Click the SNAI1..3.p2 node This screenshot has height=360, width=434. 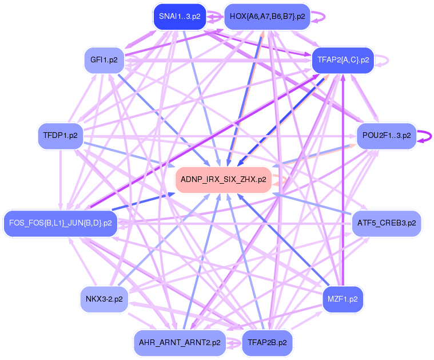tap(180, 17)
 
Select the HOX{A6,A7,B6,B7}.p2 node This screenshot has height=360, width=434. tap(267, 17)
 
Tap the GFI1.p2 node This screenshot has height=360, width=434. tap(104, 60)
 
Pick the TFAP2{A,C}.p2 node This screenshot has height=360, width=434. tap(343, 60)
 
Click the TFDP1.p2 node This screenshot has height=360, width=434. tap(60, 136)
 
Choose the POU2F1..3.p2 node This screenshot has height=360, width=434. tap(387, 136)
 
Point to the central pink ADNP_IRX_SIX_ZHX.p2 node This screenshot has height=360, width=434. tap(223, 179)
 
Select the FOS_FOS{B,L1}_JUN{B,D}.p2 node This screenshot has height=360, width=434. tap(60, 223)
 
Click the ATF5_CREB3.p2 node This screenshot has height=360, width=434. tap(387, 223)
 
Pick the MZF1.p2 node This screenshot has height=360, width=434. tap(343, 299)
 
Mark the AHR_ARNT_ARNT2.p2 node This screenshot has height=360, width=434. tap(180, 343)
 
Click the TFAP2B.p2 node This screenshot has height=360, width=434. tap(267, 343)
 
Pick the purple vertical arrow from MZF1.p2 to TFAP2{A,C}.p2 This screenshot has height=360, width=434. tap(343, 183)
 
